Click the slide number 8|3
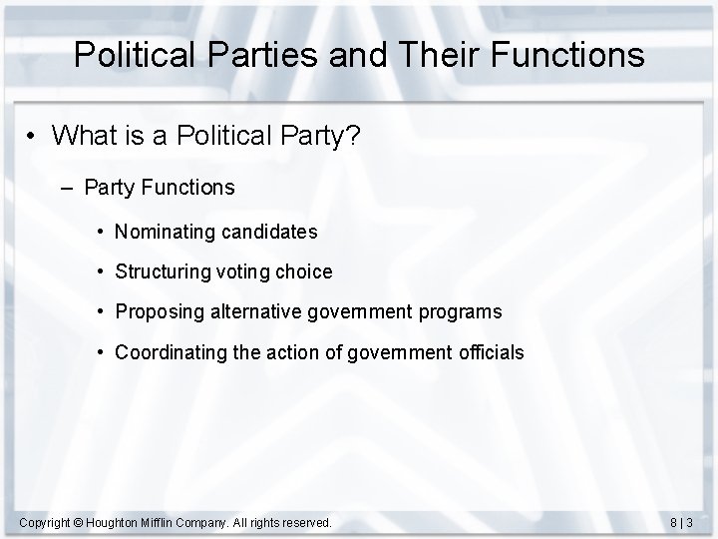682,522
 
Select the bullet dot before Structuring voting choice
103,271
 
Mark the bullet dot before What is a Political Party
33,137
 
